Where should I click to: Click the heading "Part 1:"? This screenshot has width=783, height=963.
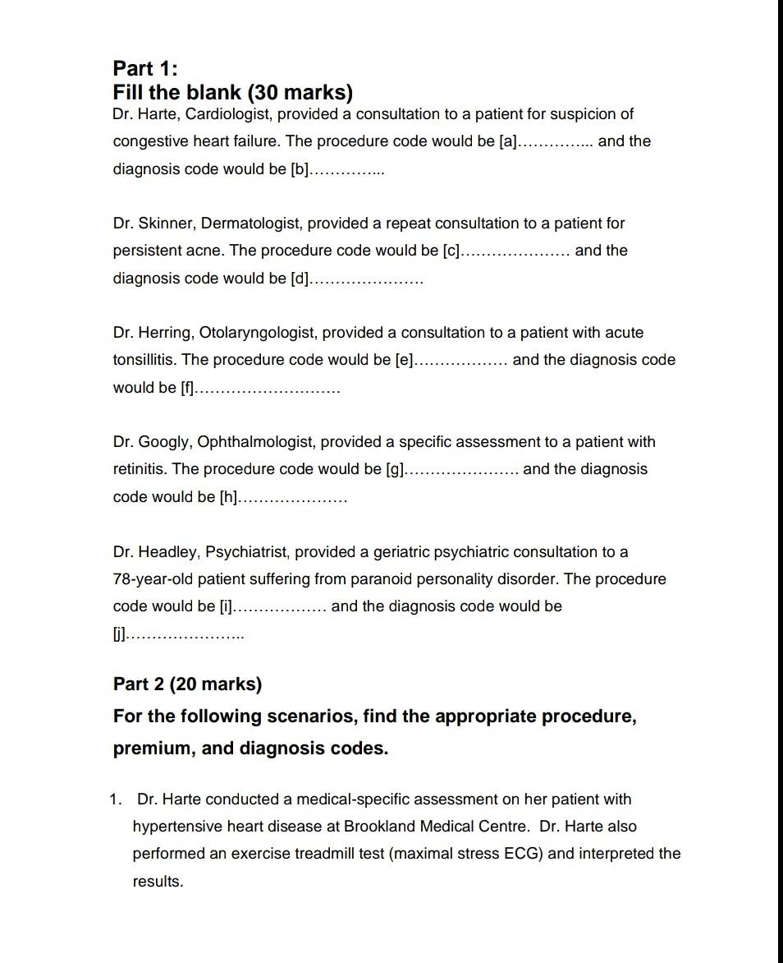144,67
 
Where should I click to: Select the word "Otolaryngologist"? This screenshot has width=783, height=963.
256,333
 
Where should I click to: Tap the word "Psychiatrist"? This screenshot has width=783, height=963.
248,552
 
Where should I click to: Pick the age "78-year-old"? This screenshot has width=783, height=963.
151,579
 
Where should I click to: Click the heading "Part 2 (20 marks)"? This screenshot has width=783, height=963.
187,684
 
